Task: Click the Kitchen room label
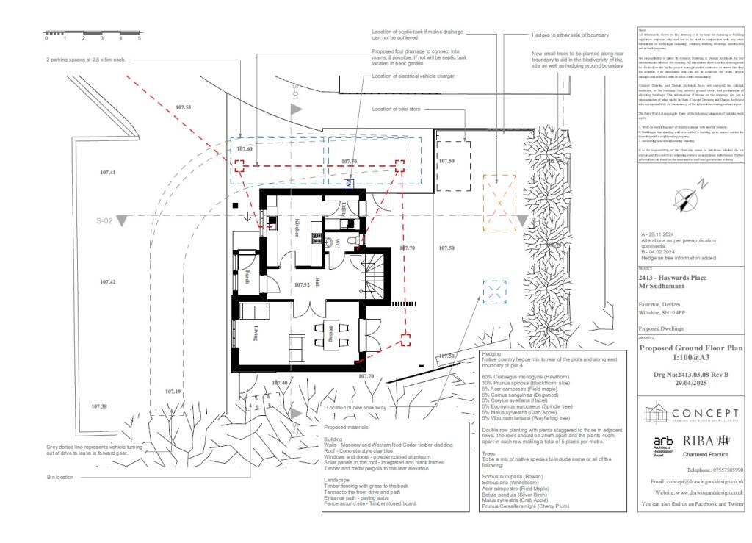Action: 297,228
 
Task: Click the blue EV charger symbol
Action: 350,184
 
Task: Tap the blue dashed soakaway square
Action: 495,292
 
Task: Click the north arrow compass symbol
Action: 688,196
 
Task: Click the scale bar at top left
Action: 93,33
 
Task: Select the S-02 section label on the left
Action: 107,220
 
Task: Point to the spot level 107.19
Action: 173,392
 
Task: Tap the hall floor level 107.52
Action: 303,284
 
